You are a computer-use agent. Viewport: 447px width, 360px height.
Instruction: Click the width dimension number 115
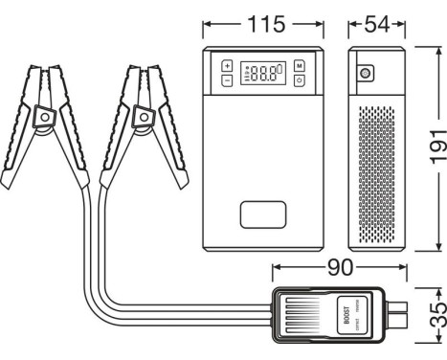[x=265, y=23]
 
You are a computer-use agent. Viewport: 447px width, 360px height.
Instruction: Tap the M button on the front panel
[x=300, y=65]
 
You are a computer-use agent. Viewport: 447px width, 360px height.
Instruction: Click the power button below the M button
[x=300, y=80]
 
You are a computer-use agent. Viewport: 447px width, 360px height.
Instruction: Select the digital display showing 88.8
[x=263, y=73]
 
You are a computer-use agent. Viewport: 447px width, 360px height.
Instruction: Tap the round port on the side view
[x=365, y=73]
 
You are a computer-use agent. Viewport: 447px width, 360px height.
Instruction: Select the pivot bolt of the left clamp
[x=44, y=117]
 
